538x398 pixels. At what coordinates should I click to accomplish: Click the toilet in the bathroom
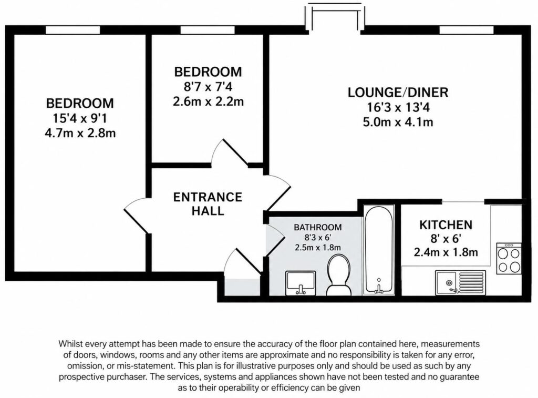point(339,274)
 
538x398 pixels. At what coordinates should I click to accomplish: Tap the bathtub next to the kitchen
point(379,250)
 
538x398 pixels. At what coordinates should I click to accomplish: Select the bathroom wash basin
point(301,283)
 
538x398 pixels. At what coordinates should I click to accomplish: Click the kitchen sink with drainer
point(461,283)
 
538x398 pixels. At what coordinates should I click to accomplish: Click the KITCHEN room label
point(446,225)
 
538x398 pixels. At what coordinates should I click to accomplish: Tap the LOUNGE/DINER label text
point(398,93)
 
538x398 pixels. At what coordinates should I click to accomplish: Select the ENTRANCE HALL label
point(208,203)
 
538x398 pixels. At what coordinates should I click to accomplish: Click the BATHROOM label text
point(318,227)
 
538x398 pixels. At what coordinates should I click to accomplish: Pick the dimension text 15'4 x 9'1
point(80,118)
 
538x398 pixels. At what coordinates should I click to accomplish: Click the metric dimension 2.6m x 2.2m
point(208,101)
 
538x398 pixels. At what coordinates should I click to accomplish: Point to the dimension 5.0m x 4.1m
point(398,122)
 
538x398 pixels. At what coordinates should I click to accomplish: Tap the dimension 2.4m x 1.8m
point(446,252)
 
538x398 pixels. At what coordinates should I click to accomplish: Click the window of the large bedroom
point(73,30)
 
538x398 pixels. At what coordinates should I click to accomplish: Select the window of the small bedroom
point(208,30)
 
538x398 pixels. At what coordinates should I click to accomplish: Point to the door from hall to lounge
point(277,193)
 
